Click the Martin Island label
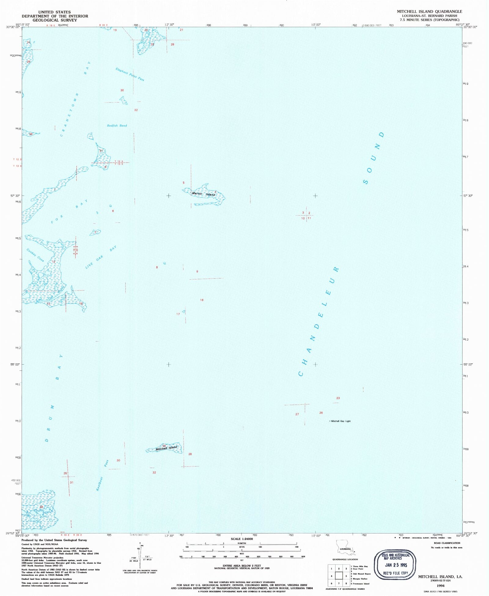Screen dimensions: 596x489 (204, 194)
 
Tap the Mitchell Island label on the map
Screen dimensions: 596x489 (166, 448)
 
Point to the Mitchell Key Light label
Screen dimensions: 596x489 (341, 421)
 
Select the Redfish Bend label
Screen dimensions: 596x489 (117, 125)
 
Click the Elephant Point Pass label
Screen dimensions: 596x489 (130, 74)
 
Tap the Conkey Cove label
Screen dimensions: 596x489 (35, 255)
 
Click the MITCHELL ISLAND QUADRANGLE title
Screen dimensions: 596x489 (429, 11)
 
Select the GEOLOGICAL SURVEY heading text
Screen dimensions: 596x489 (55, 20)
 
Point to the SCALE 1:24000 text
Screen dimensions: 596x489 (242, 539)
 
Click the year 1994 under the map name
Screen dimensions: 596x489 (440, 586)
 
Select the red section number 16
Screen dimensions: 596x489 (202, 300)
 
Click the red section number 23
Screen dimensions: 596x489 (338, 398)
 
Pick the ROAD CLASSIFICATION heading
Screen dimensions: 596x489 (447, 543)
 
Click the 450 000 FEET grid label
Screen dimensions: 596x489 (16, 482)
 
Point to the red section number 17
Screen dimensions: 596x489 (178, 314)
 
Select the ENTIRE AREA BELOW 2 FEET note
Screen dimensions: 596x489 (242, 566)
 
